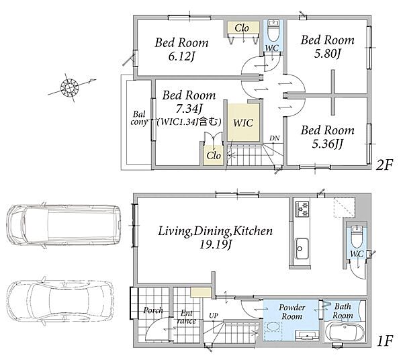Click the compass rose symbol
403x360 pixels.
coord(69,87)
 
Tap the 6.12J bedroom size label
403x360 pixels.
coord(181,56)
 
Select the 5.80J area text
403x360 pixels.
coord(327,53)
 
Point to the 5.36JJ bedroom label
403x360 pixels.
coord(328,144)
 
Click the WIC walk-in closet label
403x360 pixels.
coord(243,123)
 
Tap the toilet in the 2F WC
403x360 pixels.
coord(273,30)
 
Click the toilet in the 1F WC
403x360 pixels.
coord(357,236)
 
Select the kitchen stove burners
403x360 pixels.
coord(302,209)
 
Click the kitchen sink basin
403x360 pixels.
coord(301,249)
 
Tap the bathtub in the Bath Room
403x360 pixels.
coord(344,332)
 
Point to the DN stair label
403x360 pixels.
coord(275,138)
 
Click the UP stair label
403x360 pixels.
coord(214,316)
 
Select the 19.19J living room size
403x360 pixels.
coord(216,244)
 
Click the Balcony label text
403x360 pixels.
coord(139,118)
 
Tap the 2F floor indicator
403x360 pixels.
coord(384,165)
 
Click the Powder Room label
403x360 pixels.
coord(292,312)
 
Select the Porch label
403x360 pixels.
coord(153,310)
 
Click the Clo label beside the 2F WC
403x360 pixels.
coord(242,28)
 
